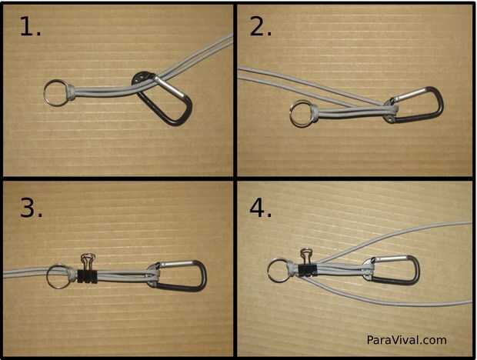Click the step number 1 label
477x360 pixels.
click(30, 27)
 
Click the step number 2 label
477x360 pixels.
click(260, 27)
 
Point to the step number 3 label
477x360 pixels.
click(31, 208)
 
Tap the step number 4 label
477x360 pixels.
click(260, 208)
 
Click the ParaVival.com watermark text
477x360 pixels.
click(406, 340)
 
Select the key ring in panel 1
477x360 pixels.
click(45, 93)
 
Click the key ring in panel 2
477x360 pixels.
click(291, 114)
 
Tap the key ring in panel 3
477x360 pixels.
click(48, 277)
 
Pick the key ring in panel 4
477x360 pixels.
click(269, 271)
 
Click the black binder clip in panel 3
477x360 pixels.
click(87, 276)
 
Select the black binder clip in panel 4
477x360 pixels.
click(307, 270)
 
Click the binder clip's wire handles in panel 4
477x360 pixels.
click(304, 256)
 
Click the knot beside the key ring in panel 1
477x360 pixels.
click(69, 92)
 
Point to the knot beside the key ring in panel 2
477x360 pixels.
click(315, 113)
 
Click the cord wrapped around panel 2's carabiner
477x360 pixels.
click(390, 109)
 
